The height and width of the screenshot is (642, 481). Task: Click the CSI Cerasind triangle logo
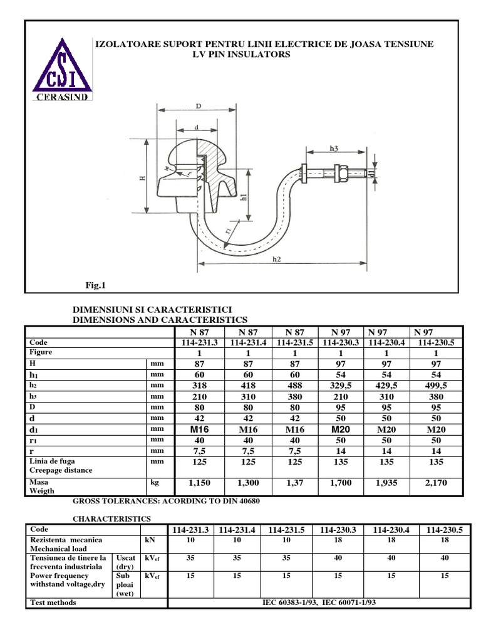63,70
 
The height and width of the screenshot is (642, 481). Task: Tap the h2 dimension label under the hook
277,259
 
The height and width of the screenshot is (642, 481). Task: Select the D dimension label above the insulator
198,107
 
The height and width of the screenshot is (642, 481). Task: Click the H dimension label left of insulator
142,178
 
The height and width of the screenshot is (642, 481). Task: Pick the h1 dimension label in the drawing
244,196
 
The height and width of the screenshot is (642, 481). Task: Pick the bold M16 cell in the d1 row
199,429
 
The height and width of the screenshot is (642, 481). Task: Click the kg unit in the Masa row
156,482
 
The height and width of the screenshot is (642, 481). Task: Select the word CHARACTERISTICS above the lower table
112,519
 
